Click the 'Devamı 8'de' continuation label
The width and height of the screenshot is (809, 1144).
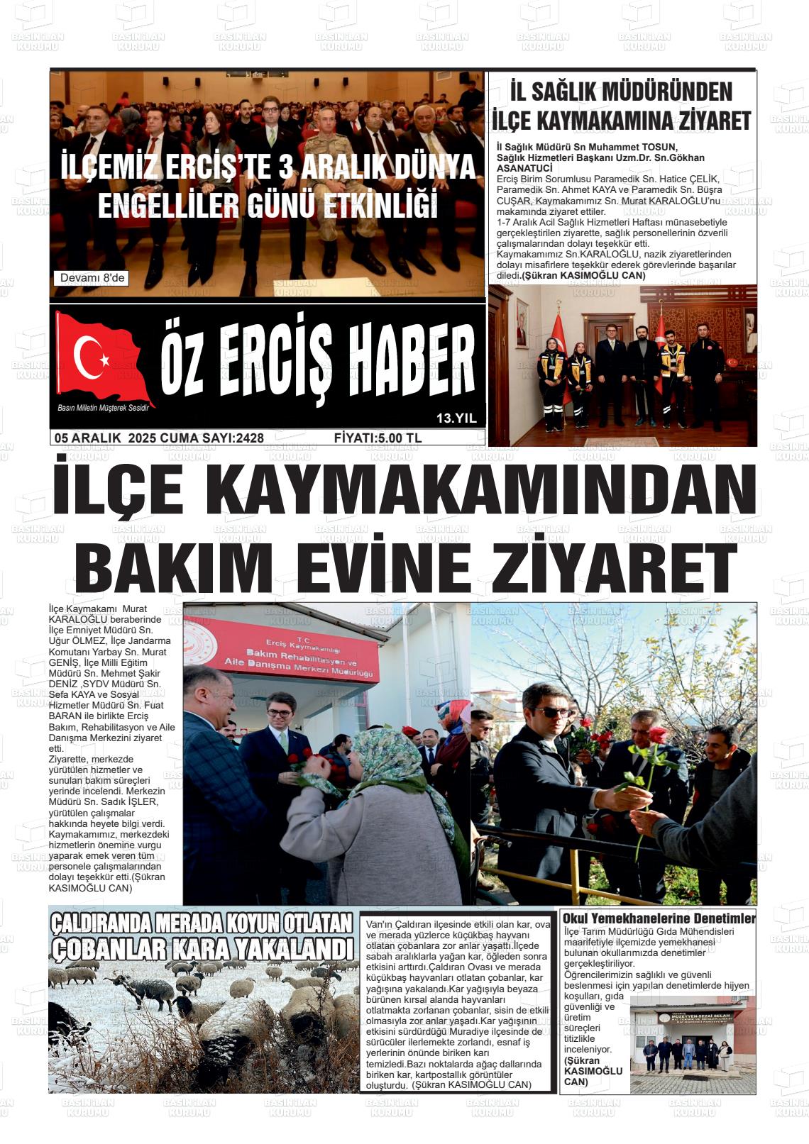[92, 278]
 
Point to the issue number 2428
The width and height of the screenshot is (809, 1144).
[249, 438]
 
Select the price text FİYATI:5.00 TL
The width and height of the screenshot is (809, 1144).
[378, 438]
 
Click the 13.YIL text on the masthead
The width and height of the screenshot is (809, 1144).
[456, 418]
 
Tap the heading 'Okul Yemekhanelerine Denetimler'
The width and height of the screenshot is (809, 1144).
[659, 918]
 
